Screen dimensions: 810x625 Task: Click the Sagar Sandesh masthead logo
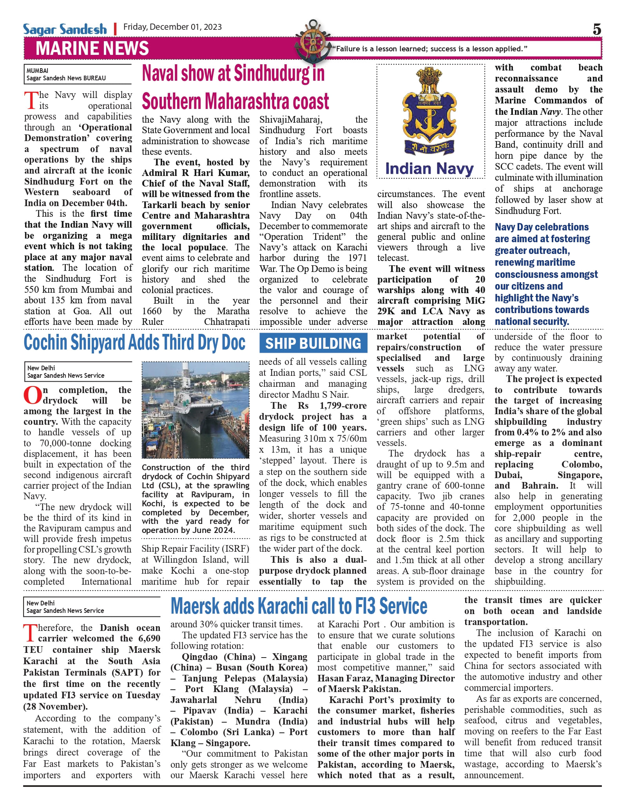tap(65, 29)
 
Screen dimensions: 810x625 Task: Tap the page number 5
tap(596, 29)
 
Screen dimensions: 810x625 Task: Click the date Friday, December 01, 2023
tap(172, 27)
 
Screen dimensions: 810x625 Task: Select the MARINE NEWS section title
tap(92, 49)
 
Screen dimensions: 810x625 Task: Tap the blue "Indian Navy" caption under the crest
tap(429, 169)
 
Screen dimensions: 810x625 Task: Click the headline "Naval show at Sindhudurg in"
tap(233, 73)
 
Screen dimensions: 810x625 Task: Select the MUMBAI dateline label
tap(38, 71)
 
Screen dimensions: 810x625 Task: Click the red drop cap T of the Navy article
tap(31, 100)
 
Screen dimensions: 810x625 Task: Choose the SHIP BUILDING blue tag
tap(313, 343)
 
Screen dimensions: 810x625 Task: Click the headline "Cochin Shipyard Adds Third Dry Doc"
tap(134, 343)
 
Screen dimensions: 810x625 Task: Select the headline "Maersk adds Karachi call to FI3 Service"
tap(299, 606)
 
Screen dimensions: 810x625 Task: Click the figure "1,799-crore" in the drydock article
tap(343, 406)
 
